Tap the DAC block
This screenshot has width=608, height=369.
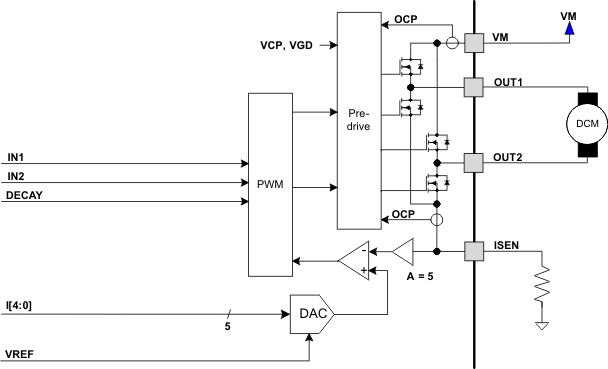click(309, 315)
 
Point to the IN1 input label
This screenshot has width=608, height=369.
click(16, 156)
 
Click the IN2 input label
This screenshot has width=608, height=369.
click(16, 176)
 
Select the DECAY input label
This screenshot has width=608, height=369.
click(24, 195)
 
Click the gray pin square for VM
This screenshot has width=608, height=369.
click(474, 42)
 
